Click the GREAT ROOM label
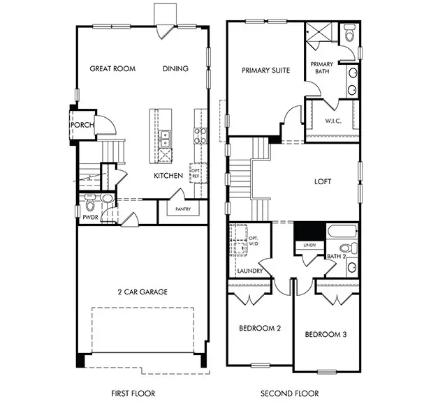point(112,69)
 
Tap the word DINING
point(175,69)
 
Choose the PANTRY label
point(183,209)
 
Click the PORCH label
point(82,126)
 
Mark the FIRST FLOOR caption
point(133,393)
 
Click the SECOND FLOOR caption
point(289,393)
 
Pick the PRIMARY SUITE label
point(265,70)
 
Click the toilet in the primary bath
point(349,33)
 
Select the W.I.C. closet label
point(333,121)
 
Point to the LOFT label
point(323,181)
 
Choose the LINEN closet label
point(309,245)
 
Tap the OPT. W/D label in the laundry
point(254,241)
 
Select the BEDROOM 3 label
point(325,334)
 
